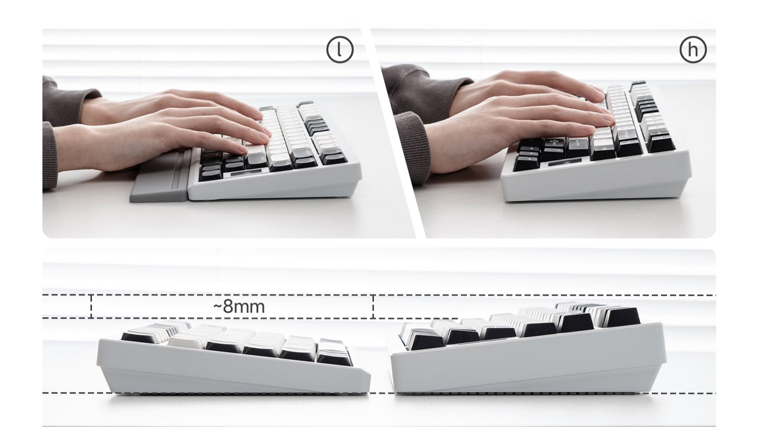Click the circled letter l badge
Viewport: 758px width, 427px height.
(340, 50)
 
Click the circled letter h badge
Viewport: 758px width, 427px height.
(693, 50)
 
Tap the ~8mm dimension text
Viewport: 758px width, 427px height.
(239, 307)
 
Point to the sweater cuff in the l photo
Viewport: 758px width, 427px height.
(49, 156)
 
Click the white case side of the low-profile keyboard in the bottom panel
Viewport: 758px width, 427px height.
(234, 369)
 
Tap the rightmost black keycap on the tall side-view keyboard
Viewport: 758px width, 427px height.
(622, 317)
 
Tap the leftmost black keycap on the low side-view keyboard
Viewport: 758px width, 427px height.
(136, 337)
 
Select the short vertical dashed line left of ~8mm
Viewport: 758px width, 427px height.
(91, 307)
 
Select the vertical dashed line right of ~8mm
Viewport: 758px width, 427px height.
(373, 307)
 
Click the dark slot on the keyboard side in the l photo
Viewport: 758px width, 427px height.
(246, 172)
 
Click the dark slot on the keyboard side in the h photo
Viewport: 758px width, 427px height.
(565, 162)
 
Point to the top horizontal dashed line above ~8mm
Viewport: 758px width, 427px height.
(379, 295)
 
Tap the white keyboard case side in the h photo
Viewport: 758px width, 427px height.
(595, 179)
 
